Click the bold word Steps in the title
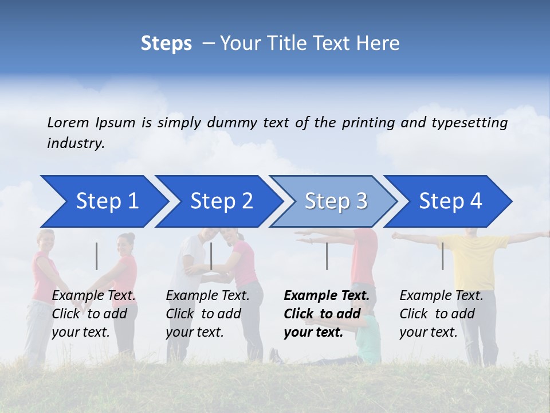(x=166, y=44)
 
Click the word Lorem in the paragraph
(x=68, y=122)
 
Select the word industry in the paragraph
(x=75, y=143)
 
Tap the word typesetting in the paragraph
(x=469, y=123)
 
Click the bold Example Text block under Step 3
(x=326, y=314)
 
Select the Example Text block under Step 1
(x=93, y=314)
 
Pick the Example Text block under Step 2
(x=207, y=314)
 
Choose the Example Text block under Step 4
(x=441, y=314)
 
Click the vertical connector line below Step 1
(x=97, y=256)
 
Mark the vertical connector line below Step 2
(x=211, y=256)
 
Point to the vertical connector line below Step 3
(x=327, y=256)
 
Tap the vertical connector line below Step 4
(x=442, y=256)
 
